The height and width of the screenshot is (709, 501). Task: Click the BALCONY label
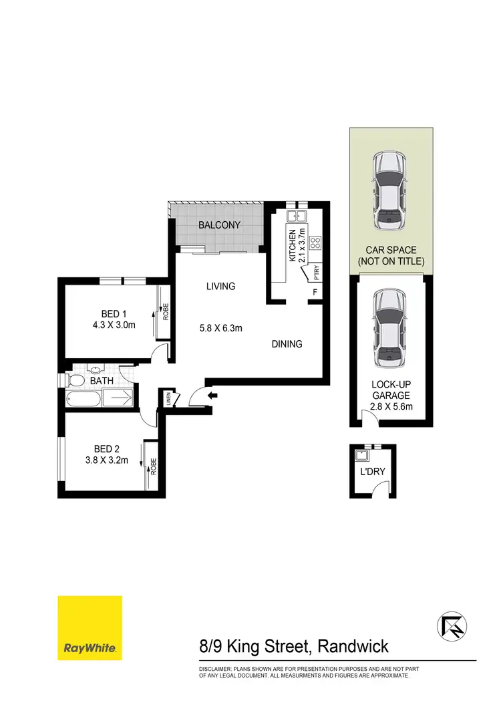click(x=219, y=225)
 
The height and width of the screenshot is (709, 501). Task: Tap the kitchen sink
click(x=297, y=216)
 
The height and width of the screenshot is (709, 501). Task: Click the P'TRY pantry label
click(x=311, y=274)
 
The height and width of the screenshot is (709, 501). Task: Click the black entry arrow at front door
click(x=212, y=396)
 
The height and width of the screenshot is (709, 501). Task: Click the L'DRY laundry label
click(x=372, y=471)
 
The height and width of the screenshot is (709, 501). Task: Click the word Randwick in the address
click(x=353, y=647)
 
